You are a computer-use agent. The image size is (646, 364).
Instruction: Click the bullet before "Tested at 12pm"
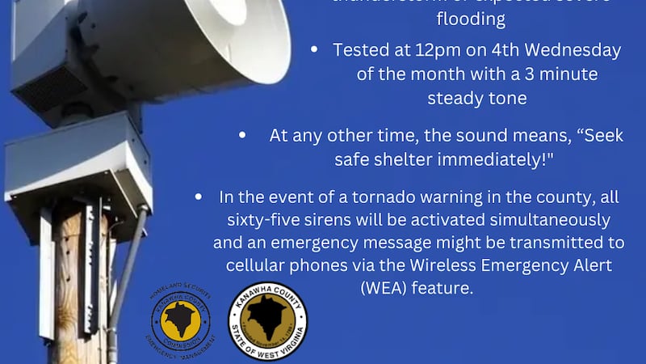tap(315, 50)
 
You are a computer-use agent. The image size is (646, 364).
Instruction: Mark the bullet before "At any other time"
tap(242, 136)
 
